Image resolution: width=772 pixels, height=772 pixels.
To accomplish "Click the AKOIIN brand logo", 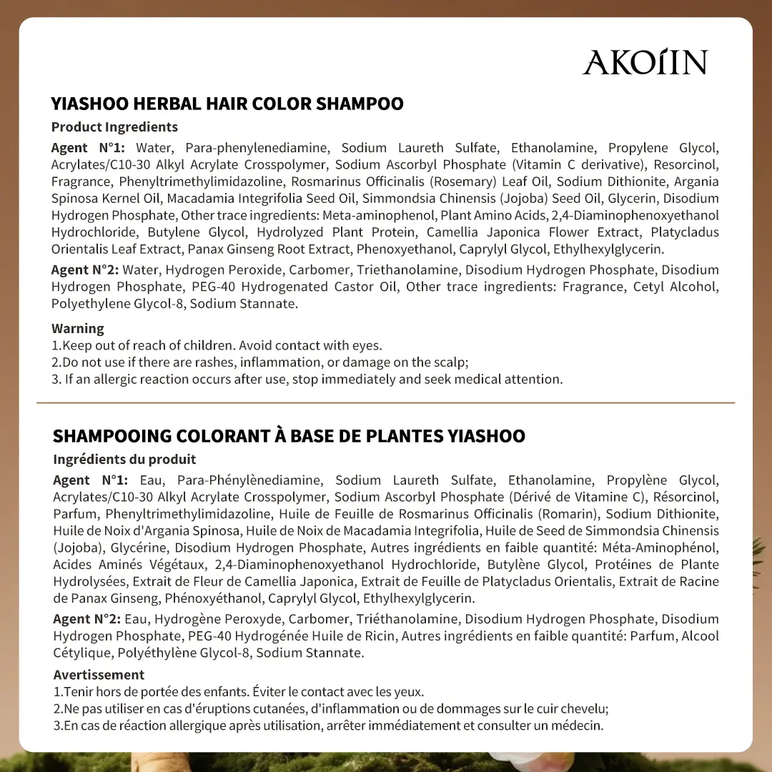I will [645, 62].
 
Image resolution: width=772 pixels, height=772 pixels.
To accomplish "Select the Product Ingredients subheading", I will [114, 127].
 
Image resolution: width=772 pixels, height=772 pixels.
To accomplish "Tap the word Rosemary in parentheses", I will [465, 182].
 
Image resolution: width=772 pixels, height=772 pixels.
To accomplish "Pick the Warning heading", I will [78, 329].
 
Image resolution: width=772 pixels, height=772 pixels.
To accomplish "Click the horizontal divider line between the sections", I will [386, 403].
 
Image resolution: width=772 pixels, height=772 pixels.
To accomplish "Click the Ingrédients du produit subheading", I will [124, 459].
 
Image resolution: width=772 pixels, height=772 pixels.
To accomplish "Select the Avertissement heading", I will [99, 675].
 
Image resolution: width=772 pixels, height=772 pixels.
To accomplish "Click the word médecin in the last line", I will [578, 726].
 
